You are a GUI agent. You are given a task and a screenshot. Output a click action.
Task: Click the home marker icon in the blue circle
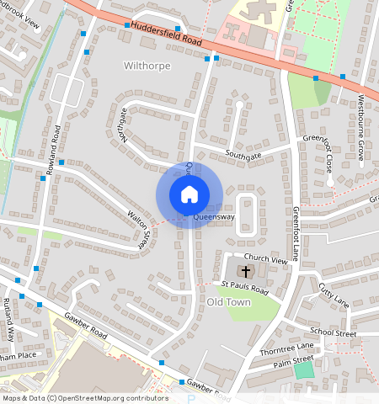pyautogui.click(x=189, y=194)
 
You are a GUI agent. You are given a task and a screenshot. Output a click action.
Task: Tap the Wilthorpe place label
pyautogui.click(x=147, y=65)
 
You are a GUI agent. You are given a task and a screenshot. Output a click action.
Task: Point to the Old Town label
pyautogui.click(x=229, y=302)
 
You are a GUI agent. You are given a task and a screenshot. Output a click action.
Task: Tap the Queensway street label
pyautogui.click(x=213, y=217)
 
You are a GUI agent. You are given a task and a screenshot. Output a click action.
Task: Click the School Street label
pyautogui.click(x=334, y=332)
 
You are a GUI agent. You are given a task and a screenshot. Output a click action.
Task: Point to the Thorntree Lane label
pyautogui.click(x=286, y=348)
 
